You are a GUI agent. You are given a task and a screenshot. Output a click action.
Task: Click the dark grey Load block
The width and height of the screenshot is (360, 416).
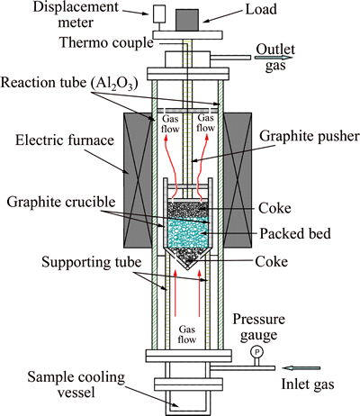[187, 20]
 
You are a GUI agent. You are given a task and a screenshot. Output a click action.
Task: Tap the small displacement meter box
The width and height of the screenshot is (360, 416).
[159, 14]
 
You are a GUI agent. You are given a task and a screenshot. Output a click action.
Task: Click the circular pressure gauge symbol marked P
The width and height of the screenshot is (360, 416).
[256, 352]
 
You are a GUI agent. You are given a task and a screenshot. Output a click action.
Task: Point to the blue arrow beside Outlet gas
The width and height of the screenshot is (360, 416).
[274, 58]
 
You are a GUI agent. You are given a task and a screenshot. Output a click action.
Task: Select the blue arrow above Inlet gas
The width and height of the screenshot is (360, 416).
[302, 368]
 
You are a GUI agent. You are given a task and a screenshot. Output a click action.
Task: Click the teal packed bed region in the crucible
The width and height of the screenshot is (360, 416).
[187, 232]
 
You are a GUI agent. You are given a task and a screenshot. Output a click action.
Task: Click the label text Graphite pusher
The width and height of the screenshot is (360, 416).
[310, 137]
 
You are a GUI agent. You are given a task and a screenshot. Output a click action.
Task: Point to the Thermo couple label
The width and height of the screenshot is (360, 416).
[106, 43]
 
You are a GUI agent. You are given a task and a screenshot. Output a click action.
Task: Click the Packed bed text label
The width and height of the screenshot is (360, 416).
[295, 233]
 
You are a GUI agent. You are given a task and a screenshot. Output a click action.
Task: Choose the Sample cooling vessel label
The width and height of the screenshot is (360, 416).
[76, 384]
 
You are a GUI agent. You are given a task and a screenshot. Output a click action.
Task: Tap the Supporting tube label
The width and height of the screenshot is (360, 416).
[91, 262]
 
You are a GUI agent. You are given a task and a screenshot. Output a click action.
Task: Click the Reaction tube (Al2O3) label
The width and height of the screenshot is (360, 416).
[69, 83]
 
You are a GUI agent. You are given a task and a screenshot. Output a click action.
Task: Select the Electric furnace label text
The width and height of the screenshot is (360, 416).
[65, 140]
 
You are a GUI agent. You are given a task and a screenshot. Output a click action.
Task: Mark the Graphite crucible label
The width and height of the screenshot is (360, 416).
[61, 202]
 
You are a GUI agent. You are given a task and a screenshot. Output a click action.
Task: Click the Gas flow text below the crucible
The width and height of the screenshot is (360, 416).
[187, 334]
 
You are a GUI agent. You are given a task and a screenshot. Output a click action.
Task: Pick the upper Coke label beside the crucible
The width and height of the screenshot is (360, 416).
[274, 208]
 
